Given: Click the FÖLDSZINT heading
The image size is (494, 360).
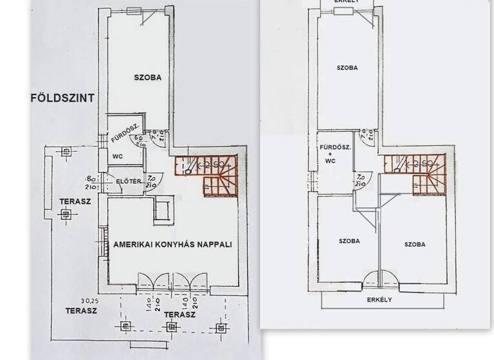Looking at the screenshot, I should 62,98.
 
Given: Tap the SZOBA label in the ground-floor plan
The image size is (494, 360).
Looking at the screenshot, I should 147,78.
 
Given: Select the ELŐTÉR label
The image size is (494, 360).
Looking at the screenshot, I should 128,181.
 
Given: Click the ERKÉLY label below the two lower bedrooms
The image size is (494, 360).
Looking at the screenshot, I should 381,300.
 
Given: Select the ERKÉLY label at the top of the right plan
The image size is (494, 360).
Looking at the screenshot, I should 347,2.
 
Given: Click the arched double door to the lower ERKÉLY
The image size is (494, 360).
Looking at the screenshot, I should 380,278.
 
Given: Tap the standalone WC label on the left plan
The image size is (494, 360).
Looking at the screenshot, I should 118,156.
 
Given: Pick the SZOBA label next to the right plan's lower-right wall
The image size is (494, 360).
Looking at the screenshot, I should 415,245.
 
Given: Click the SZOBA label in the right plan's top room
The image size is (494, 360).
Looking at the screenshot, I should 347,67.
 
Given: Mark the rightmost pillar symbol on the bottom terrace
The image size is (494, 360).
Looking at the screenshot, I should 221,327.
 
